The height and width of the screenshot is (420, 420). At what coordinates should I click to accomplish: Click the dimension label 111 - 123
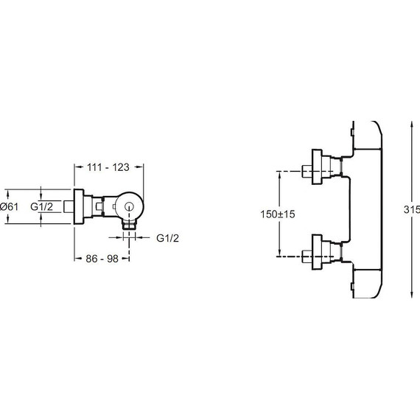(x=108, y=167)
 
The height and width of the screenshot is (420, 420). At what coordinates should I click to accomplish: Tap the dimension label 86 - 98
(x=102, y=259)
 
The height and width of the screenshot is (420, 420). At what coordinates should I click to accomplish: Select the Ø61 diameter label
(x=10, y=207)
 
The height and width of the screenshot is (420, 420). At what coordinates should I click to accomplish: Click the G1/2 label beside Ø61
(x=41, y=207)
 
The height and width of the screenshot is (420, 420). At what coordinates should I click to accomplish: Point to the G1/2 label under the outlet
(x=167, y=238)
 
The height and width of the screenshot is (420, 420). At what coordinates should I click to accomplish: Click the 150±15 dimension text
(x=278, y=214)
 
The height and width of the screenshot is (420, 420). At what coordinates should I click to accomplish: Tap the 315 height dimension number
(x=412, y=209)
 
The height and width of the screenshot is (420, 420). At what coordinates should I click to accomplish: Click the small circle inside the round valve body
(x=130, y=206)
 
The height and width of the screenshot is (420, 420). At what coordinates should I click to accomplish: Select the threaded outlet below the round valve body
(x=130, y=225)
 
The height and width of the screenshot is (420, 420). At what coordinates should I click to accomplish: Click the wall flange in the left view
(x=79, y=207)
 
